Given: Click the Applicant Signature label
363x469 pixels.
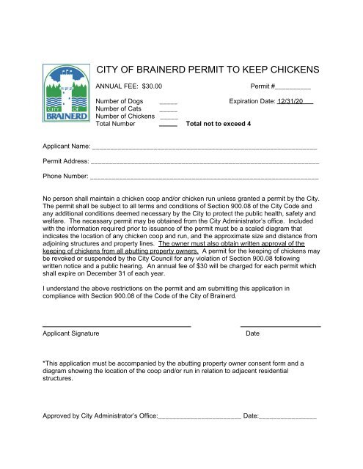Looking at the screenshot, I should [71, 333].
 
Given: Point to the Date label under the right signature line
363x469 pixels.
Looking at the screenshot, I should [252, 333].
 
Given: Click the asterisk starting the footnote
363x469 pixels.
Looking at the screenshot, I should [44, 363].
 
